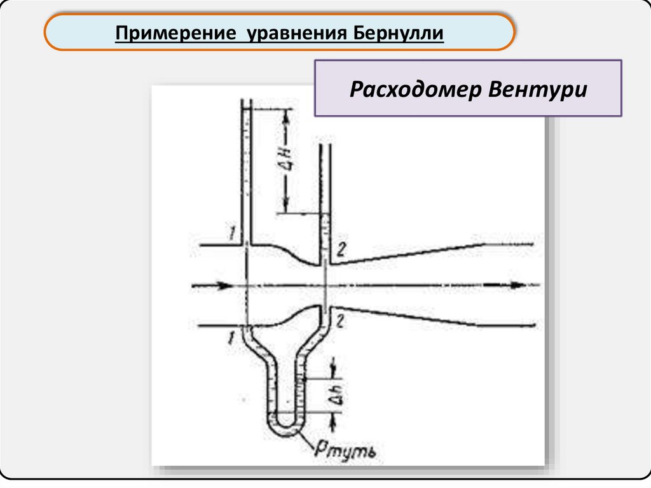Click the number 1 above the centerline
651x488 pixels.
233,238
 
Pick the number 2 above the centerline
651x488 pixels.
341,251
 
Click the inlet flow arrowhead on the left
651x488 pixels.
224,286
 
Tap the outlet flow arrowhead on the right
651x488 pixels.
518,286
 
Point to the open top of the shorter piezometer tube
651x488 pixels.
325,146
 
